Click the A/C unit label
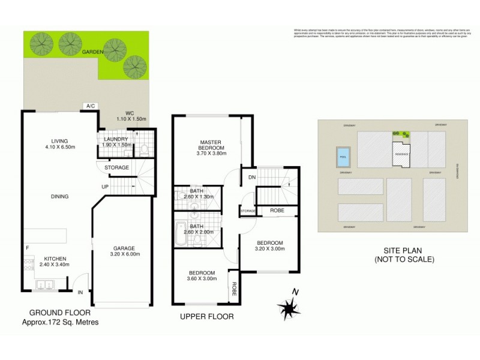pyautogui.click(x=91, y=106)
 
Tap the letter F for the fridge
pyautogui.click(x=26, y=248)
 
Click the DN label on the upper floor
pyautogui.click(x=245, y=177)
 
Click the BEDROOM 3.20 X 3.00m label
pyautogui.click(x=268, y=245)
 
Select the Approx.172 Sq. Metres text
pyautogui.click(x=60, y=322)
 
